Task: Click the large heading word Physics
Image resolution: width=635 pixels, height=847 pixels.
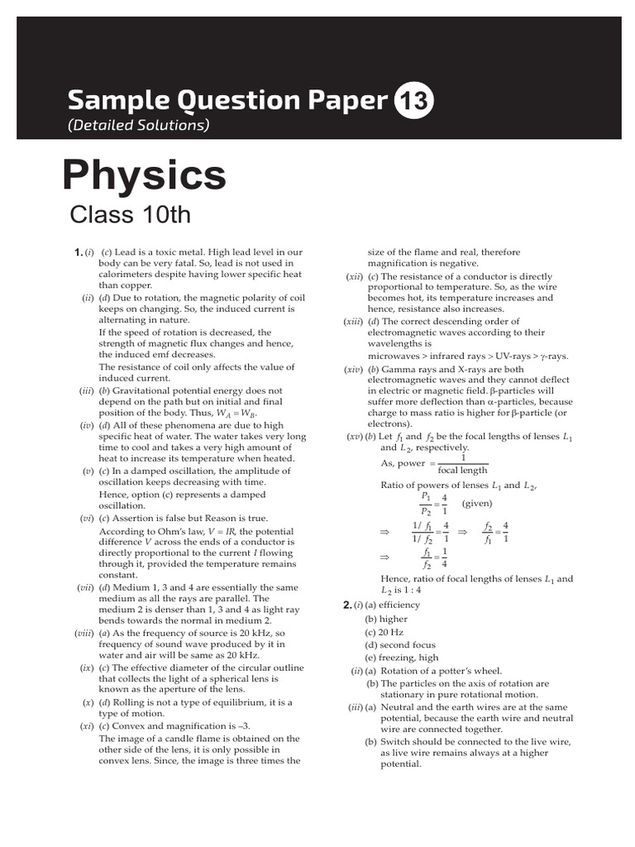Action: pyautogui.click(x=145, y=175)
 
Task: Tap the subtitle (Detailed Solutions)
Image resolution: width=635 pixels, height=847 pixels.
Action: pyautogui.click(x=138, y=126)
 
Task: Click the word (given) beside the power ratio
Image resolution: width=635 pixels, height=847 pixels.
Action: pyautogui.click(x=478, y=503)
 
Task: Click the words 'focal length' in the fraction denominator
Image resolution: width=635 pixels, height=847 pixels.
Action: pyautogui.click(x=463, y=470)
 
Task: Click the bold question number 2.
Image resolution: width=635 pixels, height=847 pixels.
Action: pyautogui.click(x=347, y=605)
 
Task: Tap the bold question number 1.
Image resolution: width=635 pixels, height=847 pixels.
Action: pyautogui.click(x=77, y=251)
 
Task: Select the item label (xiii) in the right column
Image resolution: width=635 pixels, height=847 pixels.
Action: pyautogui.click(x=354, y=321)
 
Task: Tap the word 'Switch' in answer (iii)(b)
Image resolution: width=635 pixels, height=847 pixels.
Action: pyautogui.click(x=396, y=742)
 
